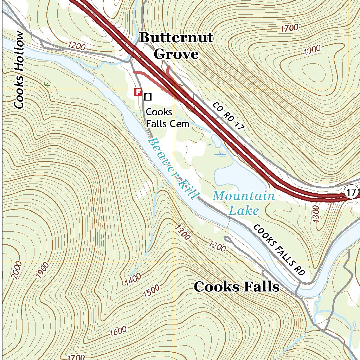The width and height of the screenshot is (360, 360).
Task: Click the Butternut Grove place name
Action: [x=176, y=46]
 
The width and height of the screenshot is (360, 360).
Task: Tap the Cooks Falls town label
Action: [x=237, y=287]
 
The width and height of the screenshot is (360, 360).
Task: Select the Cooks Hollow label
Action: [x=19, y=70]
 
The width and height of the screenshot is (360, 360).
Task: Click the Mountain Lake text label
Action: [x=244, y=203]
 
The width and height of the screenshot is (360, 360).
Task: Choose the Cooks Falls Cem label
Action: [x=167, y=118]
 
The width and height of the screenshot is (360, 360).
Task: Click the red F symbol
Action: [x=138, y=92]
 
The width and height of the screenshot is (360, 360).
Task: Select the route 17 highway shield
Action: [x=352, y=192]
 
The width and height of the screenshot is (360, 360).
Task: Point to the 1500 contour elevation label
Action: [x=151, y=292]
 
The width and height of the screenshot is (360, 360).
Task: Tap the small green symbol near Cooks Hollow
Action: [x=46, y=84]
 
